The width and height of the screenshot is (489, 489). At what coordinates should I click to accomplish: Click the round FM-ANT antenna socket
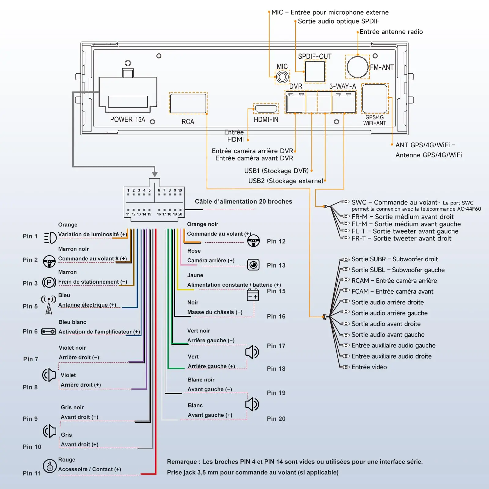(x=357, y=67)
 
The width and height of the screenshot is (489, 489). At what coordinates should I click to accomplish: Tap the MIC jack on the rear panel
(x=282, y=77)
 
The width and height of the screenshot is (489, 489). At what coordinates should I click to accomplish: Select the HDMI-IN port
(x=266, y=108)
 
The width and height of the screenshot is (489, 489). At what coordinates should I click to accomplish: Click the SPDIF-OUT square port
(x=315, y=72)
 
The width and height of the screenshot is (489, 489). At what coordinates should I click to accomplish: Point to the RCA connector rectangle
(x=188, y=103)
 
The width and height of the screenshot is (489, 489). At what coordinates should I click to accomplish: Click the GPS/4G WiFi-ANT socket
(x=375, y=98)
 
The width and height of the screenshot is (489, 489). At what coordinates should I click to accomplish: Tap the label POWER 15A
(x=127, y=119)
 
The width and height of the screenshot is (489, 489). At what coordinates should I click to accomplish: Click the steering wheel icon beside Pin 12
(x=253, y=241)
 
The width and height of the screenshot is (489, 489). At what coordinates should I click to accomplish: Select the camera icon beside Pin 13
(x=253, y=265)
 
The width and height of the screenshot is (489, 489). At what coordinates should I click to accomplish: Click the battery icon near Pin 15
(x=253, y=295)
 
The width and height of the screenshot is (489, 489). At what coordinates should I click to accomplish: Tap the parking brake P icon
(x=49, y=282)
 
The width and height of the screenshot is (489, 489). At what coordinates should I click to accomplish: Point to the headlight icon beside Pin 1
(x=50, y=237)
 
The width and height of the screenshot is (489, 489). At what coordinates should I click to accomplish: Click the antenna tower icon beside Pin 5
(x=49, y=305)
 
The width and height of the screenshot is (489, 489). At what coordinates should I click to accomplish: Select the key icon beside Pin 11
(x=50, y=466)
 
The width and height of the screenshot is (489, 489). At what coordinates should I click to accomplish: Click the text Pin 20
(x=276, y=419)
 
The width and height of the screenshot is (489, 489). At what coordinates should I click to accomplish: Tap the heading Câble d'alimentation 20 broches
(x=244, y=201)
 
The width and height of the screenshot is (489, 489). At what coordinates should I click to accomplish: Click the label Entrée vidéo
(x=369, y=367)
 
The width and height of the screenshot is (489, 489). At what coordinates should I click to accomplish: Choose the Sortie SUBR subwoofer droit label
(x=395, y=259)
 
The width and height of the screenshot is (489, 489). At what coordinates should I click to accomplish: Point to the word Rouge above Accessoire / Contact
(x=67, y=460)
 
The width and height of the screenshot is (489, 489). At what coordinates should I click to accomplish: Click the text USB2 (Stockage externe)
(x=286, y=181)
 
